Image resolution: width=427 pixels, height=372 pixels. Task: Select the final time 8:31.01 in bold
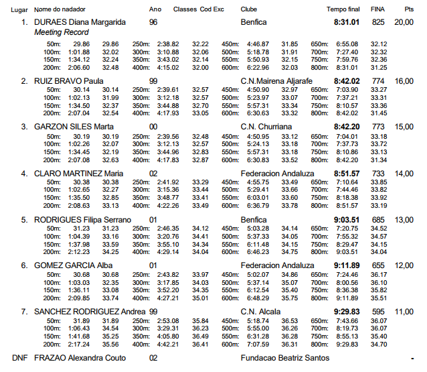[x=347, y=22]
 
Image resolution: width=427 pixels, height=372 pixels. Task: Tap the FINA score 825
[x=378, y=22]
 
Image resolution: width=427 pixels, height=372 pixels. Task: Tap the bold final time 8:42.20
[x=347, y=126]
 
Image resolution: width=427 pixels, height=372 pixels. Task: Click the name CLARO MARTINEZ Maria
[x=78, y=172]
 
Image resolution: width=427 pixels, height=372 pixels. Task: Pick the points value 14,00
[x=404, y=172]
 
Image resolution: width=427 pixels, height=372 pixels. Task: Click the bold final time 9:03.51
[x=347, y=219]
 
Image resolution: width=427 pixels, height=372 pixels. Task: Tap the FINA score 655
[x=378, y=265]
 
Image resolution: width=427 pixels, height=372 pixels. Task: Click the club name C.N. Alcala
[x=260, y=312]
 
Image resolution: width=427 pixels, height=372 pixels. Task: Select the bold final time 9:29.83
[x=347, y=312]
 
